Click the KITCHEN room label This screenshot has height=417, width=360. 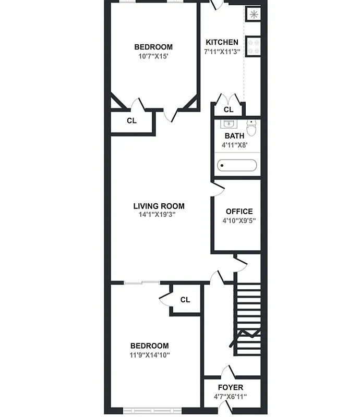(x=222, y=42)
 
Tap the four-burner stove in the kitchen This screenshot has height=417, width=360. (x=253, y=45)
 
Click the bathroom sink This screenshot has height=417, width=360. (x=228, y=124)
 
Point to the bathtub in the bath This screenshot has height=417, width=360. (x=237, y=166)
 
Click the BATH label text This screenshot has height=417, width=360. (x=234, y=136)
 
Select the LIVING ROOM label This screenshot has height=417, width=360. (x=159, y=206)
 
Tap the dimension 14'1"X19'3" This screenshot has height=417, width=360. (x=159, y=214)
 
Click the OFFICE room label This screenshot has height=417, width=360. (x=239, y=211)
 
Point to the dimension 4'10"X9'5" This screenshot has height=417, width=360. (x=239, y=220)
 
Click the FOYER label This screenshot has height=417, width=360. (x=230, y=388)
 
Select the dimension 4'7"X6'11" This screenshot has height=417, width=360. (x=230, y=397)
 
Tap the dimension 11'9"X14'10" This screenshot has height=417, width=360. (x=150, y=355)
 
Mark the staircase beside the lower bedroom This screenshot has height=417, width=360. (x=248, y=318)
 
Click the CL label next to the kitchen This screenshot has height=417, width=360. (x=228, y=109)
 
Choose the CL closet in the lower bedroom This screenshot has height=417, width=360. (x=185, y=300)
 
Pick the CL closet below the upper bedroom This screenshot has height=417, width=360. (x=131, y=120)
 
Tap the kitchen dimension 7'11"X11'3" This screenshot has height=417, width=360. (x=222, y=52)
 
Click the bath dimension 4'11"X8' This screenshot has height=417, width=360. (x=234, y=145)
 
